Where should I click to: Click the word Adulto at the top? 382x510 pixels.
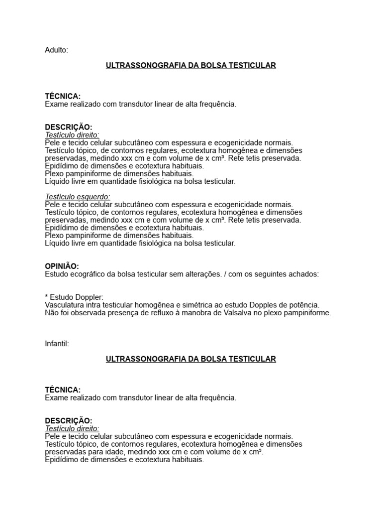tap(56, 50)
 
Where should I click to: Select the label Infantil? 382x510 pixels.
tap(57, 344)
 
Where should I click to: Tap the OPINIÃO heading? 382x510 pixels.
tap(62, 266)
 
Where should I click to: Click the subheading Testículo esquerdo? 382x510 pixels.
tap(78, 197)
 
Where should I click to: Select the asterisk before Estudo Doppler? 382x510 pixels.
tap(46, 297)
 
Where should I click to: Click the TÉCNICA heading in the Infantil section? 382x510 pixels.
tap(63, 390)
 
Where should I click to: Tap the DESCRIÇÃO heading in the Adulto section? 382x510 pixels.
tap(68, 127)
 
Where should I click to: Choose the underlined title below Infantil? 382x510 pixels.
tap(191, 359)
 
